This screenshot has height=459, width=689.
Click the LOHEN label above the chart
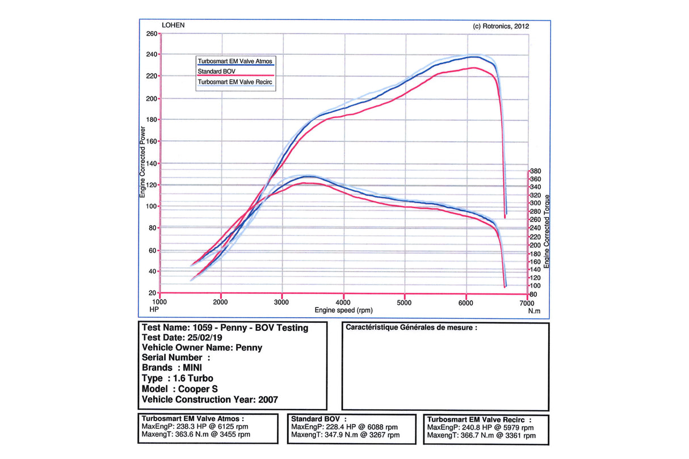point(173,26)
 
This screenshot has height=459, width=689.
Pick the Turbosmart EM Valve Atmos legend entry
point(236,60)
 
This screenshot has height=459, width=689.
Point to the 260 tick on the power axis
point(152,33)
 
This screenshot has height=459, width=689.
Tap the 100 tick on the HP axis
point(152,207)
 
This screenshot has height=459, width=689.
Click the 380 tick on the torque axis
point(536,171)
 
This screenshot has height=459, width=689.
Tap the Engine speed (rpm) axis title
point(343,310)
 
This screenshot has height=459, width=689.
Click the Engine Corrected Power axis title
point(142,162)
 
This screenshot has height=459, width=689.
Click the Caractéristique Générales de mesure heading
point(411,327)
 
